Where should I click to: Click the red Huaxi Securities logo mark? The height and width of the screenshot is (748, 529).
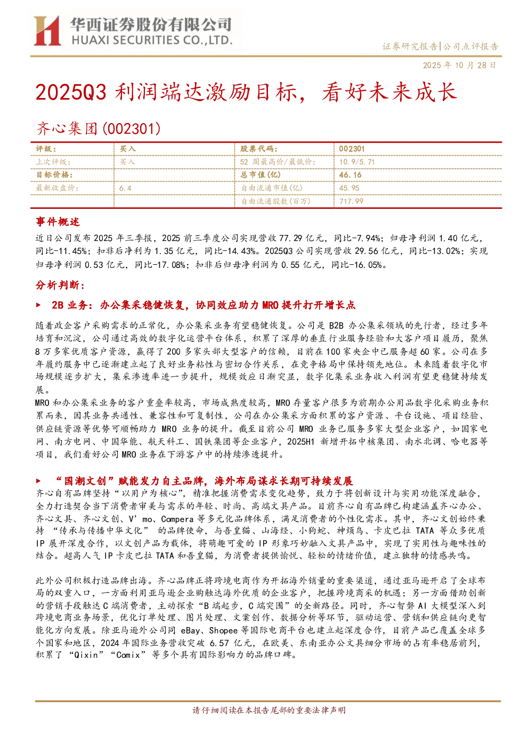[x=47, y=30]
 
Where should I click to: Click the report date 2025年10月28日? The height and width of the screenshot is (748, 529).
[x=459, y=65]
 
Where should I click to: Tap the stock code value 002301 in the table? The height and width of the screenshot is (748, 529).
[x=351, y=149]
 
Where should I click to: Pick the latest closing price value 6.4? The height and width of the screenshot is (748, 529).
[x=125, y=189]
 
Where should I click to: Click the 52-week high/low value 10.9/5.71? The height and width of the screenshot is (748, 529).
[x=357, y=162]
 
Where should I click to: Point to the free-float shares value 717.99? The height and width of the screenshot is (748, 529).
[x=351, y=201]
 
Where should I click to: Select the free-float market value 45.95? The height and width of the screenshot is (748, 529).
[x=349, y=188]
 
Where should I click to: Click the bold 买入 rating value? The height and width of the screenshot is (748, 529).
[x=127, y=149]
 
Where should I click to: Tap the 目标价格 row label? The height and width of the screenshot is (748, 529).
[x=54, y=175]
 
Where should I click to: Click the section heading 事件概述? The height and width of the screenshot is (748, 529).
[x=58, y=222]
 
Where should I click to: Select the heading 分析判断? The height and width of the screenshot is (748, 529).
[x=60, y=285]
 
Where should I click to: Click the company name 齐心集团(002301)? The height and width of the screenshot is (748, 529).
[x=98, y=129]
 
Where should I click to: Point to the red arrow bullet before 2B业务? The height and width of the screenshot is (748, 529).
[x=39, y=305]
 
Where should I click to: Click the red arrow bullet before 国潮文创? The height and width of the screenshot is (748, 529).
[x=39, y=481]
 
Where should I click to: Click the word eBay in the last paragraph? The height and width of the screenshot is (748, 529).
[x=190, y=630]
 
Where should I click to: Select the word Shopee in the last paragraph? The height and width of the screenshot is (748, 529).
[x=223, y=630]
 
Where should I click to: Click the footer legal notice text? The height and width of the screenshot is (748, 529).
[x=269, y=710]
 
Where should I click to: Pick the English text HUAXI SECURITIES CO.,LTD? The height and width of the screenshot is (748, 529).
[x=152, y=40]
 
